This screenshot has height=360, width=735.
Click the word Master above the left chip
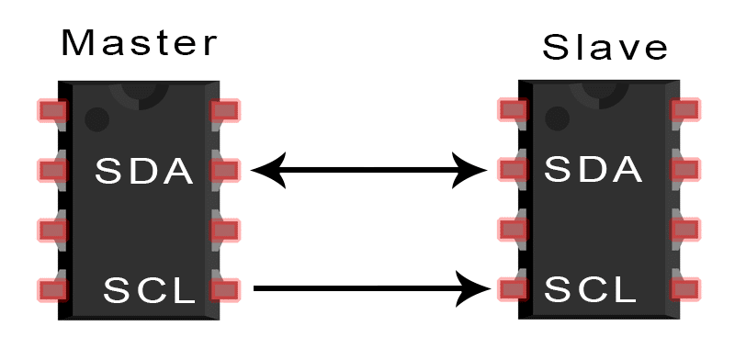(140, 42)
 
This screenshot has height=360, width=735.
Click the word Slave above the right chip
(605, 47)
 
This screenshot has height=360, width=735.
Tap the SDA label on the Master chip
(145, 171)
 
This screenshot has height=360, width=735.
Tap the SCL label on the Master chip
(150, 291)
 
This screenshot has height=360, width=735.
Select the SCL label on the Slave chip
(591, 290)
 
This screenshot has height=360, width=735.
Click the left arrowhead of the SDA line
(265, 170)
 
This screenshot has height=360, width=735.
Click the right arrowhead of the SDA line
(474, 170)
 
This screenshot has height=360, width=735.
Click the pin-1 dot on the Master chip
(96, 119)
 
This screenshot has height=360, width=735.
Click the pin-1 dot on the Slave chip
(557, 118)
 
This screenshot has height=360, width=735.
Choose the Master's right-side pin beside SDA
(225, 170)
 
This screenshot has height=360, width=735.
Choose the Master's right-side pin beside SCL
(225, 290)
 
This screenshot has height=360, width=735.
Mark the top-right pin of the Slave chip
(685, 110)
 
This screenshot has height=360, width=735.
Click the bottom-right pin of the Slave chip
(685, 289)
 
